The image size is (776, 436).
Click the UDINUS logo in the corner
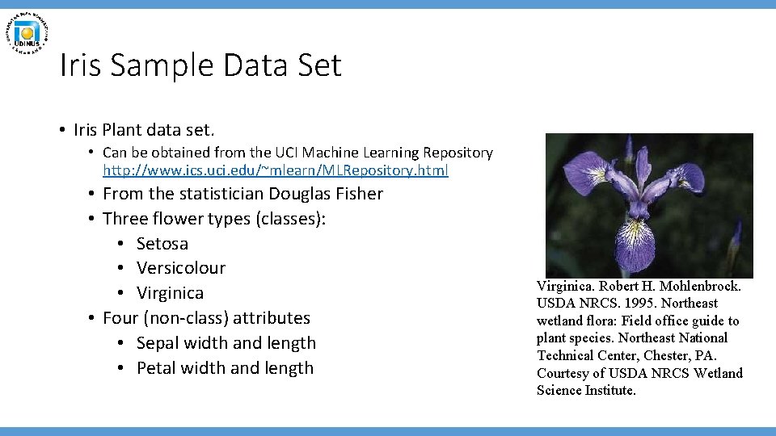[x=27, y=33]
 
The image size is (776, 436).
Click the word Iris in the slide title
[x=81, y=65]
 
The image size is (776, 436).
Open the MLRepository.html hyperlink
[x=276, y=170]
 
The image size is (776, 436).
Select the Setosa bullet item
[x=162, y=243]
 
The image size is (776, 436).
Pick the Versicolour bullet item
[x=180, y=267]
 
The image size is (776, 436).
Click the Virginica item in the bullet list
[x=170, y=292]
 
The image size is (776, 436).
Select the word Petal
[x=157, y=367]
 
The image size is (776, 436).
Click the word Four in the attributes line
[x=121, y=317]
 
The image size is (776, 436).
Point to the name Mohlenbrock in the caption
[x=697, y=286]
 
